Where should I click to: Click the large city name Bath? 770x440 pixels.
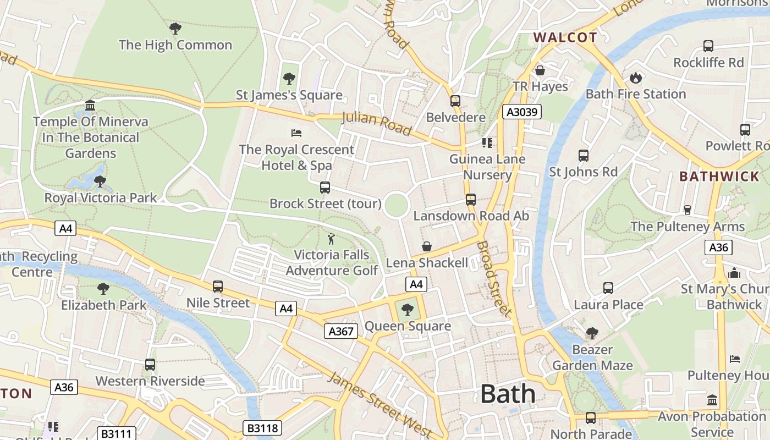coord(508,394)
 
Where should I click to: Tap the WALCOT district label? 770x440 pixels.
coord(565,37)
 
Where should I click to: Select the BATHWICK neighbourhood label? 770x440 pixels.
coord(719,177)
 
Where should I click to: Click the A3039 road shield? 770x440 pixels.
coord(522,112)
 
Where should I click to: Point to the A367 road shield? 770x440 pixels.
coord(340,331)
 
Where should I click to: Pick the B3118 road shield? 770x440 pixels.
coord(262,428)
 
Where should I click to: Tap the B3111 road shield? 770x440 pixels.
coord(116,433)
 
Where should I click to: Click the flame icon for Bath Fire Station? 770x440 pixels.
coord(636,78)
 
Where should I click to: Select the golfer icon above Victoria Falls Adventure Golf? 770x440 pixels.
coord(331,239)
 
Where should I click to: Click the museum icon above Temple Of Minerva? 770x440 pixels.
coord(90,105)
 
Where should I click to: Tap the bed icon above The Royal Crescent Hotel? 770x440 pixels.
coord(296,133)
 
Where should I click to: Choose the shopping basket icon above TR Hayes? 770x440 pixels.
coord(540,70)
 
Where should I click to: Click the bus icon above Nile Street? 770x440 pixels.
coord(218,287)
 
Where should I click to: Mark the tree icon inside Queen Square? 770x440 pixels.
coord(408,310)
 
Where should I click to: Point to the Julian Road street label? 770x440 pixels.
coord(376,123)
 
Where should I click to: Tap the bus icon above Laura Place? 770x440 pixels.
coord(608,288)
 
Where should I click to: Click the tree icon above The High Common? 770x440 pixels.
coord(175,29)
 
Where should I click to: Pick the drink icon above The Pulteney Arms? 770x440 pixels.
coord(687,210)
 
